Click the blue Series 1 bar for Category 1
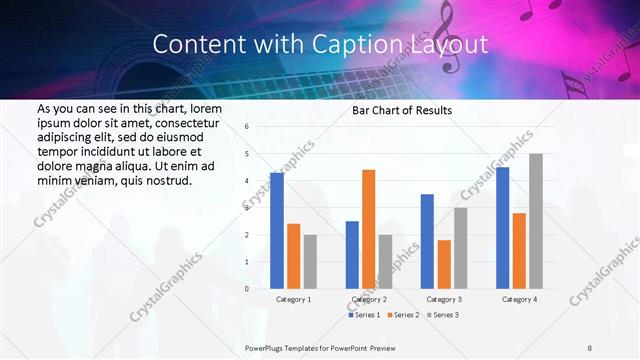(x=277, y=231)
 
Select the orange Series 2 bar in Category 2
(x=369, y=229)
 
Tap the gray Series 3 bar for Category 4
(x=536, y=221)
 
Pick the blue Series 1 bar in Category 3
(x=427, y=241)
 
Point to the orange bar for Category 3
(x=444, y=264)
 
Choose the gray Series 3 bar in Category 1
(x=310, y=262)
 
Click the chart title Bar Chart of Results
(x=402, y=110)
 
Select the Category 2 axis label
(x=369, y=299)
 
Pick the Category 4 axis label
(x=519, y=299)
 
